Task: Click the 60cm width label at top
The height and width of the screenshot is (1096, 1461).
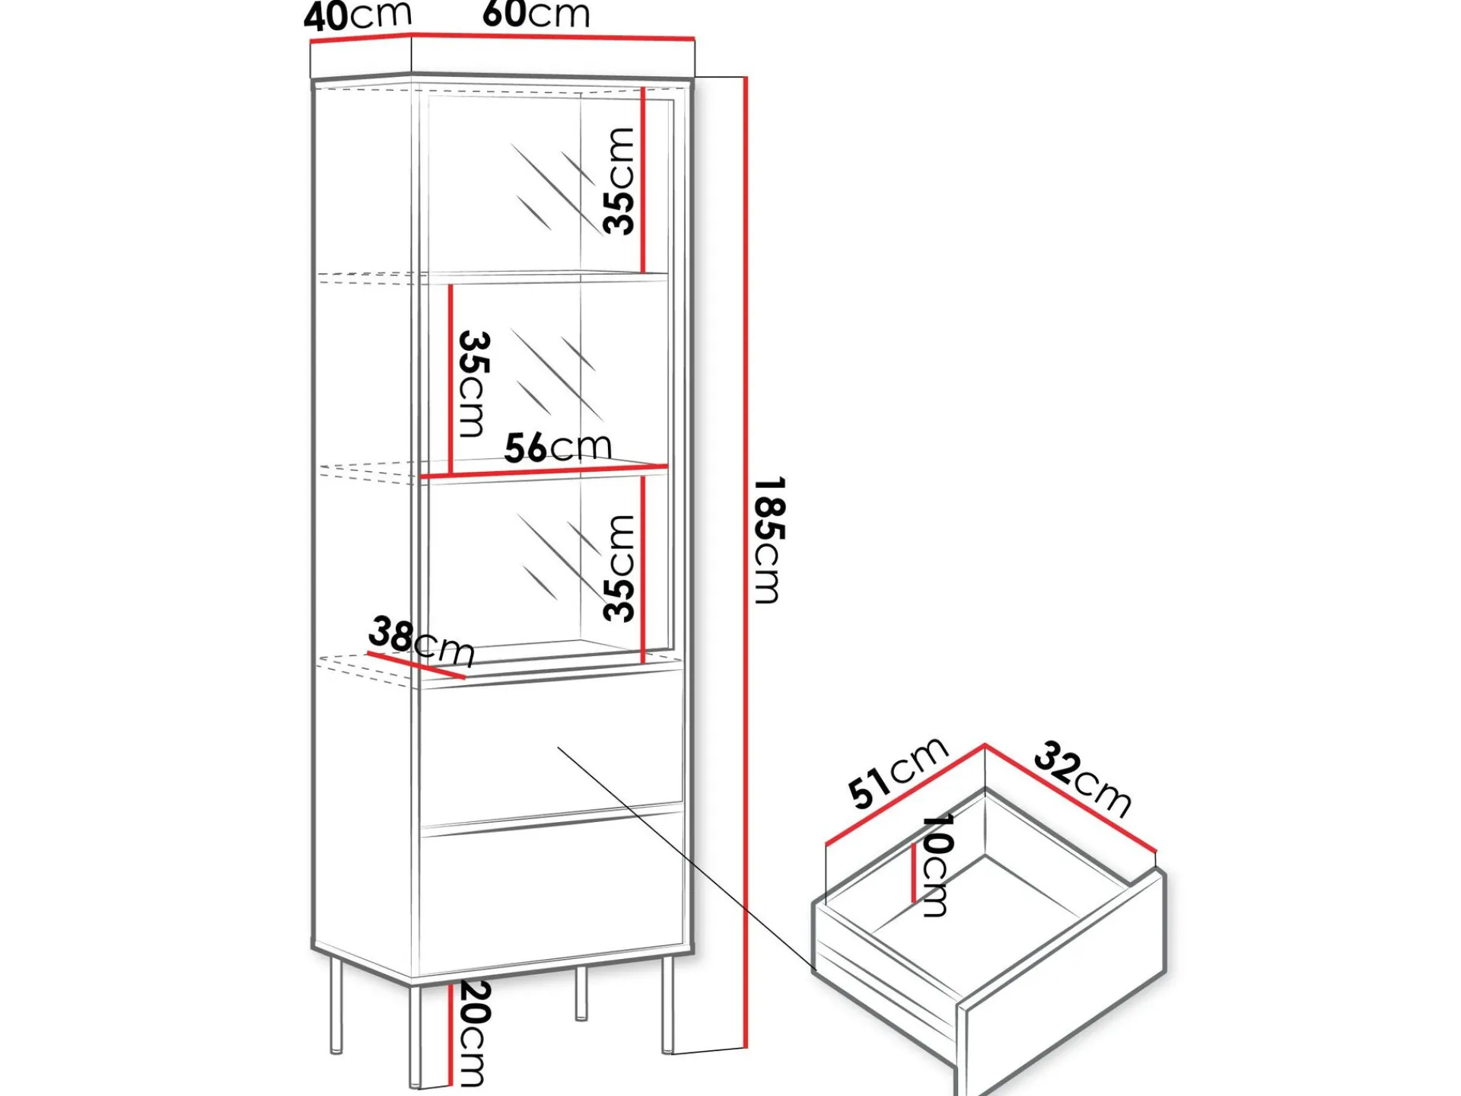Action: click(x=536, y=14)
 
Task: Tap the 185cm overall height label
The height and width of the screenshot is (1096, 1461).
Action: click(x=769, y=540)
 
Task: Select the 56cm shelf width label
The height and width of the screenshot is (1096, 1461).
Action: click(x=559, y=448)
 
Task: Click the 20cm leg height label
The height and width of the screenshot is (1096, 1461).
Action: click(x=472, y=1034)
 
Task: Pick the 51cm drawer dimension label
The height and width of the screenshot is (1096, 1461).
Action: click(x=898, y=772)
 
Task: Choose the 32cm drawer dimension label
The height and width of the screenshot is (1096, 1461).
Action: click(x=1083, y=778)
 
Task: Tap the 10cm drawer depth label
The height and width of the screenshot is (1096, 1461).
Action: click(x=936, y=865)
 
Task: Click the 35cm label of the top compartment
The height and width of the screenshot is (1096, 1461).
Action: click(x=619, y=181)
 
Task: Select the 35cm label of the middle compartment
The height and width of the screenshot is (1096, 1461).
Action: click(x=473, y=384)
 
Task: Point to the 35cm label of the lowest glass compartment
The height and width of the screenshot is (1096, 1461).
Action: click(x=619, y=568)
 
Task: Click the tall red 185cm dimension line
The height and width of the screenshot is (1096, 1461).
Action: click(x=746, y=562)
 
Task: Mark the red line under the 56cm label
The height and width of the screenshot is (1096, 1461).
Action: click(x=544, y=472)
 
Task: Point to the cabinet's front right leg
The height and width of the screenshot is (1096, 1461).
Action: click(x=667, y=1005)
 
